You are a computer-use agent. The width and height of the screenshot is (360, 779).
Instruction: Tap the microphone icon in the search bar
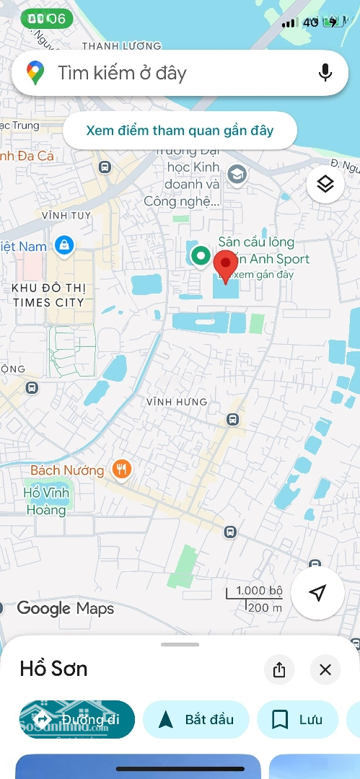tap(325, 73)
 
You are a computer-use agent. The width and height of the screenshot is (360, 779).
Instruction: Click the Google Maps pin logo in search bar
tap(35, 73)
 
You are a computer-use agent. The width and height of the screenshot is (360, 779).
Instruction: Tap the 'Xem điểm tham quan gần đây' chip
tap(180, 131)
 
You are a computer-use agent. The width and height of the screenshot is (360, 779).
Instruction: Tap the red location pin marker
tap(226, 267)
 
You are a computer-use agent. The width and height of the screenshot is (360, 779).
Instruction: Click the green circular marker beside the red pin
tap(200, 255)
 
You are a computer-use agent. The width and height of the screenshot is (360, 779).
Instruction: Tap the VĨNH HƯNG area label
tap(177, 402)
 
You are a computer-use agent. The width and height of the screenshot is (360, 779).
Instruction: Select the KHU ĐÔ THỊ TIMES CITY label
tap(49, 296)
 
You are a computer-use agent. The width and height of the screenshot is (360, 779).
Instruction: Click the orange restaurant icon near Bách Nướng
tap(121, 470)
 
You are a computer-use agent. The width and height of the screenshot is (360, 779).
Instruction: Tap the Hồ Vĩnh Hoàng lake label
tap(45, 501)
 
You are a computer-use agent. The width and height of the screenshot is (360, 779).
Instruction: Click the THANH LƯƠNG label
tap(122, 46)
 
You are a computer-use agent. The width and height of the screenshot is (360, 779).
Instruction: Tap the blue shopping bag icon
tap(65, 245)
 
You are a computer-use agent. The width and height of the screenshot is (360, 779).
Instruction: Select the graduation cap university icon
tap(237, 174)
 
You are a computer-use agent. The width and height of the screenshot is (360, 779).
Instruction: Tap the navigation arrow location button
tap(317, 593)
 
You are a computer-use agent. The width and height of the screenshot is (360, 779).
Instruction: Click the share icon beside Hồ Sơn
tap(279, 670)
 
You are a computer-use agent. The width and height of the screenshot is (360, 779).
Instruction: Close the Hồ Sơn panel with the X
tap(325, 670)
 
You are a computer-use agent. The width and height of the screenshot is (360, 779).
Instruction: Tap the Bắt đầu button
tap(196, 719)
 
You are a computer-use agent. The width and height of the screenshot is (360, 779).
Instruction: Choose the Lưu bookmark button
tap(297, 719)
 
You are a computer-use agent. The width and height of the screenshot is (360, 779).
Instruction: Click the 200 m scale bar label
tap(265, 607)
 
